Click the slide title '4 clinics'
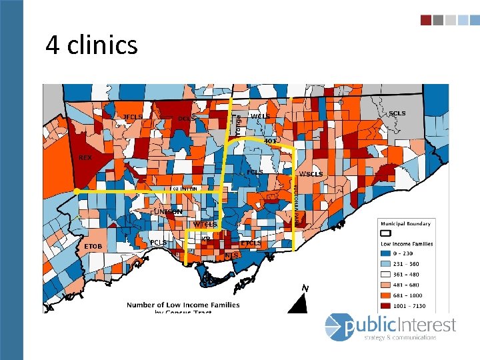tap(91, 45)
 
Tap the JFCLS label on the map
tap(133, 117)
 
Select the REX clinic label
tap(85, 158)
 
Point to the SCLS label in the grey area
tap(397, 113)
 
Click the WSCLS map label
tap(311, 174)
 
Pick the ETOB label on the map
tap(93, 247)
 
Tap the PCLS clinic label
tap(158, 242)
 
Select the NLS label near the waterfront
tap(232, 255)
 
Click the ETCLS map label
tap(251, 243)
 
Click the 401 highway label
tap(270, 141)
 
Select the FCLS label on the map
tap(255, 172)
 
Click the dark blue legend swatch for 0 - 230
tap(385, 253)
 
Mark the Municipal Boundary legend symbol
tap(385, 233)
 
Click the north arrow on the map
tap(301, 301)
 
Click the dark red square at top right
tap(425, 20)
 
